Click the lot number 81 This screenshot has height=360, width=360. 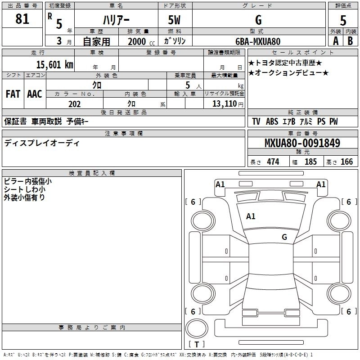click(x=22, y=19)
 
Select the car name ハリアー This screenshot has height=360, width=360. click(x=116, y=20)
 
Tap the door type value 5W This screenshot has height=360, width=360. click(x=174, y=20)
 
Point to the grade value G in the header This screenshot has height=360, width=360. click(x=258, y=20)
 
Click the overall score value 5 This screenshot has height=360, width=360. click(x=343, y=21)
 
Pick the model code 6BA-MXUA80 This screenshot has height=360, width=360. click(x=258, y=41)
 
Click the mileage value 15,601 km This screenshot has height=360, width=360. click(x=51, y=64)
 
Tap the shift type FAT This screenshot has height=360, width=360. click(x=13, y=94)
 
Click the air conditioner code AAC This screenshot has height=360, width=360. click(x=34, y=94)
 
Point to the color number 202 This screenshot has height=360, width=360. click(x=74, y=104)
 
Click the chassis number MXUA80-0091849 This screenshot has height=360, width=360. click(x=302, y=143)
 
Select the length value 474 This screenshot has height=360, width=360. click(x=273, y=162)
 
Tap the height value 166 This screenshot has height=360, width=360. click(x=346, y=162)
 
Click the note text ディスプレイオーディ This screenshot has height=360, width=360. click(x=41, y=143)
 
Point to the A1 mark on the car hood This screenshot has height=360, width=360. click(x=251, y=216)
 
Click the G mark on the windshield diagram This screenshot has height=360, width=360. click(x=284, y=237)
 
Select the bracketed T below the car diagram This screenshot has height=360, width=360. click(x=197, y=345)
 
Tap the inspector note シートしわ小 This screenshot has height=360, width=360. click(x=27, y=189)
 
